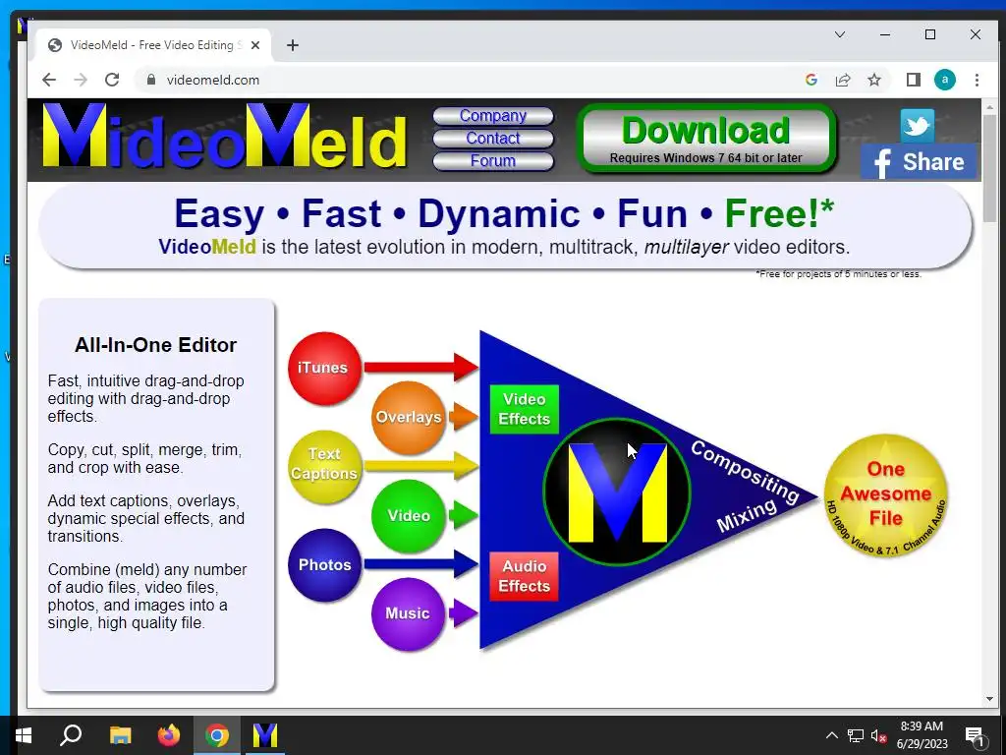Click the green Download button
[706, 139]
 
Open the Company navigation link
[493, 116]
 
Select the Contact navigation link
[493, 138]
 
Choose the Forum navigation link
[493, 160]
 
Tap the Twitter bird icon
[917, 125]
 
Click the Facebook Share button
[919, 162]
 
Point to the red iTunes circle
[324, 368]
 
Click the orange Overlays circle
[408, 417]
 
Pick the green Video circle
[408, 515]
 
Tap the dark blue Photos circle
[324, 565]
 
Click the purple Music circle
[408, 613]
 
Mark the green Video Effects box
[525, 409]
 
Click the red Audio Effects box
[525, 576]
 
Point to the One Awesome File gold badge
[886, 495]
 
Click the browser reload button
[112, 80]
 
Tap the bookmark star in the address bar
[873, 80]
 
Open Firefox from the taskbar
[169, 735]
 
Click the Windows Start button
[24, 735]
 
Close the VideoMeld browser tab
[255, 45]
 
